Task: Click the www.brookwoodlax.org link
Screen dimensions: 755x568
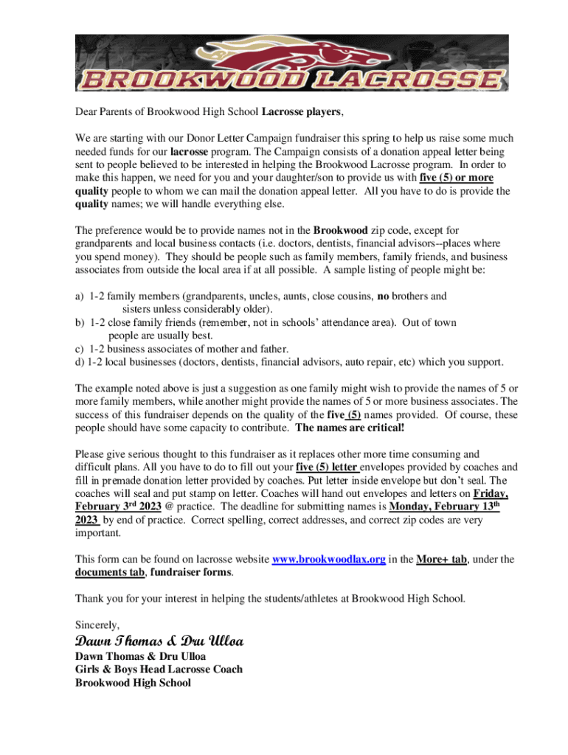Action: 328,560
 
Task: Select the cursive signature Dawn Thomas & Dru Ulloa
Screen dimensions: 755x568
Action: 159,641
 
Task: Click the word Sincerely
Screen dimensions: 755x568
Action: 97,624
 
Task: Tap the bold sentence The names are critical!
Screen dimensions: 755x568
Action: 350,428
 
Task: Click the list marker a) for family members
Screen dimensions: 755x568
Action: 80,296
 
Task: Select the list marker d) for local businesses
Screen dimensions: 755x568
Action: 80,362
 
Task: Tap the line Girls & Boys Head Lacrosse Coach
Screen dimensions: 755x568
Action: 159,669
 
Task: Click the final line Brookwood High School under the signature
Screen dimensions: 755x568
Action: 133,683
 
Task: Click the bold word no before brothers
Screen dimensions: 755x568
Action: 384,296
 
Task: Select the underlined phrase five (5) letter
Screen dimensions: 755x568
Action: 327,467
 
